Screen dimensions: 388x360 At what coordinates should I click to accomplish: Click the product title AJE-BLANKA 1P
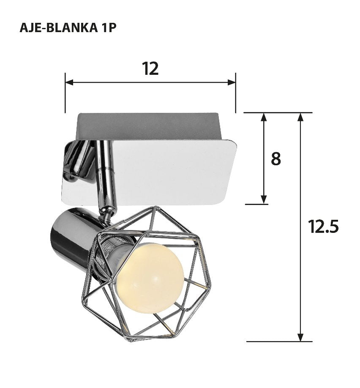[x=68, y=27]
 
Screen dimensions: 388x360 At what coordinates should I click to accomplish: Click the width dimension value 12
[x=150, y=68]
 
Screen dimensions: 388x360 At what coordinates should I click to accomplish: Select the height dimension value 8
[x=275, y=159]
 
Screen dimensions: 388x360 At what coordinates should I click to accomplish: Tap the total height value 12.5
[x=323, y=227]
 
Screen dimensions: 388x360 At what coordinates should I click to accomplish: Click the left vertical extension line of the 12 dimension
[x=65, y=97]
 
